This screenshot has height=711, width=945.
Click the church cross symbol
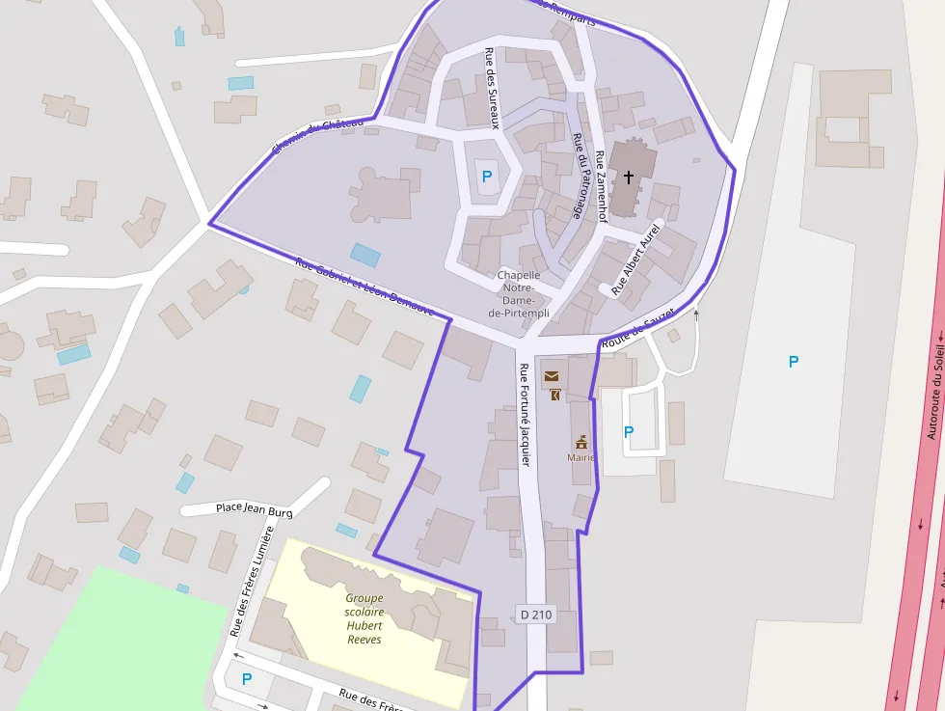click(629, 177)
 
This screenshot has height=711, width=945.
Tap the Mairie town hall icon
click(581, 442)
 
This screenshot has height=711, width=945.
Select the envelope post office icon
click(551, 376)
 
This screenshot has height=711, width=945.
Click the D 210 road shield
click(536, 614)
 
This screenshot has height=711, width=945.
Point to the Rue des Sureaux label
click(492, 88)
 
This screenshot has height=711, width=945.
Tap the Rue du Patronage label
click(579, 176)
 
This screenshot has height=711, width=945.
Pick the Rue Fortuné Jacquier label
click(525, 415)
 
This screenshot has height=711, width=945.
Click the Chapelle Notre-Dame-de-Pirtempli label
click(519, 294)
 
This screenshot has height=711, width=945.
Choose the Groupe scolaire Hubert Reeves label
click(364, 618)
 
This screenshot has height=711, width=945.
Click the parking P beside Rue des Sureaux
click(486, 177)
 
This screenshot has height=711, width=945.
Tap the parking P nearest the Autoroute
click(794, 362)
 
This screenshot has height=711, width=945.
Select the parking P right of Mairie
click(629, 432)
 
